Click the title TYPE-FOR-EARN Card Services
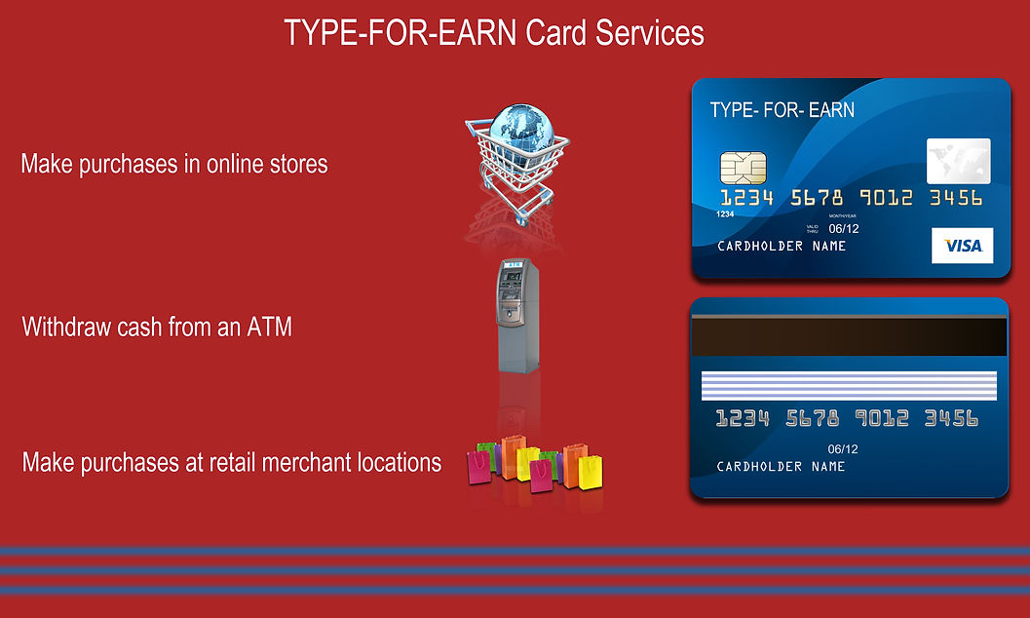coord(494,32)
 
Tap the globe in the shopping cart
coord(520,130)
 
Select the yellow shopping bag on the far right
coord(591,472)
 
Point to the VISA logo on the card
coord(962,247)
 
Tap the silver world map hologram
coord(957,161)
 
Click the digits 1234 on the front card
coord(746,199)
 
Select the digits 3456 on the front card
coord(955,199)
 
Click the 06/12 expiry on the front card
coord(844,228)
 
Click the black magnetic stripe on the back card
coord(849,336)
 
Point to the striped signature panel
coord(849,383)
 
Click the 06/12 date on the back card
coord(842,449)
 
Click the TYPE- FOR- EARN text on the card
coord(782,109)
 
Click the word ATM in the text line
coord(270,327)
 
